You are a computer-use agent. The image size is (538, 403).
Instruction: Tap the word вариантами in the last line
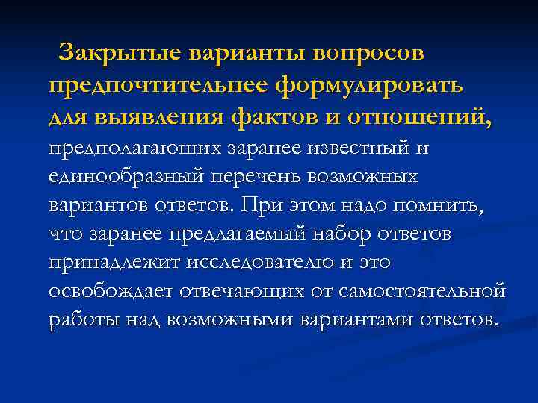point(350,320)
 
